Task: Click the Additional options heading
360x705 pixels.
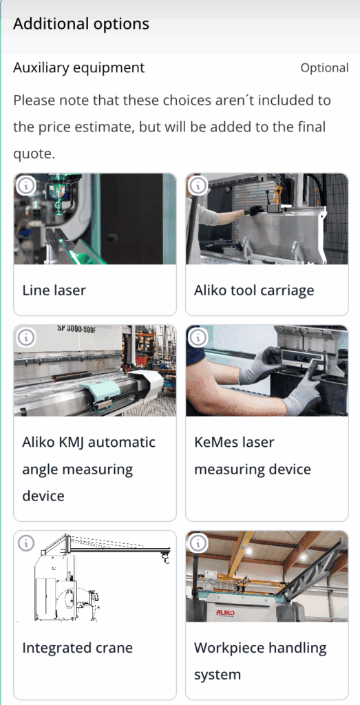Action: (x=81, y=23)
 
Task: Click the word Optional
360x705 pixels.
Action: (x=324, y=68)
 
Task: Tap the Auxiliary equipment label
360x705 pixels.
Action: (x=79, y=68)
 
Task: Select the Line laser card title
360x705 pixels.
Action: (x=54, y=290)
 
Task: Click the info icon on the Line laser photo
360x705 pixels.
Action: (x=25, y=186)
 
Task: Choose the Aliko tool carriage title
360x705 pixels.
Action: (x=254, y=291)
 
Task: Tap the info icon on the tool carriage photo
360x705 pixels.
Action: (x=198, y=186)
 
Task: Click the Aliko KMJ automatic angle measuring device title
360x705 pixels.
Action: (x=89, y=469)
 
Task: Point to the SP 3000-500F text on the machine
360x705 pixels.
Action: (x=77, y=328)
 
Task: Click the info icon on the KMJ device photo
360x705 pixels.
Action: (x=25, y=337)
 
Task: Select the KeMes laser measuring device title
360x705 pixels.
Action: (x=253, y=456)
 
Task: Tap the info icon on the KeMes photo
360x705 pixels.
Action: (x=198, y=337)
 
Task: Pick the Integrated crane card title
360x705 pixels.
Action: (x=78, y=648)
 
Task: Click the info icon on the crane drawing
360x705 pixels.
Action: (x=25, y=543)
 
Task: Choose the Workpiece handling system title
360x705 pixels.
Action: (x=260, y=662)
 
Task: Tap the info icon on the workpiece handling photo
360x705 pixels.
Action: (x=198, y=543)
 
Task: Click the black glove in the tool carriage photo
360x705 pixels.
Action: (x=256, y=210)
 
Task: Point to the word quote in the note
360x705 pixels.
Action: (x=34, y=154)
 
